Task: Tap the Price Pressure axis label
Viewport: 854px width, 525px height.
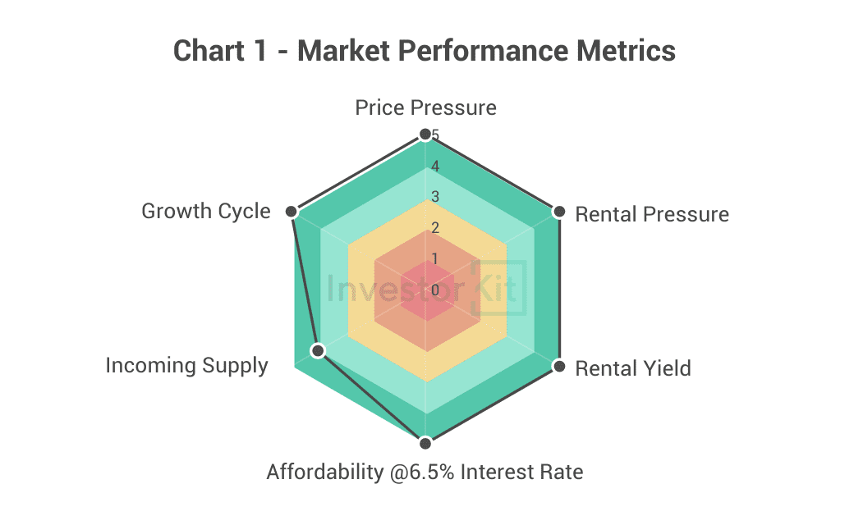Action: pyautogui.click(x=425, y=107)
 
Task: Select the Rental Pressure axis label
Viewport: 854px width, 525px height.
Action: pyautogui.click(x=652, y=214)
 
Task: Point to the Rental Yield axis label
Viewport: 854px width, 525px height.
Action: pyautogui.click(x=633, y=368)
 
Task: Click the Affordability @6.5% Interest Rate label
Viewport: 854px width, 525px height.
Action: pyautogui.click(x=425, y=472)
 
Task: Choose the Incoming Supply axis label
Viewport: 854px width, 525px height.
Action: pyautogui.click(x=186, y=365)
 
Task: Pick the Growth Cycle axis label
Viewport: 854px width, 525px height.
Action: pyautogui.click(x=205, y=211)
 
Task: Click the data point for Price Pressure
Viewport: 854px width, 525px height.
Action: pyautogui.click(x=425, y=134)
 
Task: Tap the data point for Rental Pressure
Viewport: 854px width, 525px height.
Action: pyautogui.click(x=559, y=212)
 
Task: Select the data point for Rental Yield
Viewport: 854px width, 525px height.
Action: pyautogui.click(x=559, y=366)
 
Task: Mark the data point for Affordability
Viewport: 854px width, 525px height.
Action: pyautogui.click(x=425, y=443)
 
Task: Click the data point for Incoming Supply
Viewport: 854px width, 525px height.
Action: pyautogui.click(x=318, y=351)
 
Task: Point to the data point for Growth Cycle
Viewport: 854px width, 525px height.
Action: pyautogui.click(x=291, y=212)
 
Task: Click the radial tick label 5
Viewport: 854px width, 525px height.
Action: pyautogui.click(x=435, y=135)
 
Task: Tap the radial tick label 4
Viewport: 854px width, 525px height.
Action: pyautogui.click(x=435, y=167)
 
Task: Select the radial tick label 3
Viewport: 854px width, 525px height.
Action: pyautogui.click(x=435, y=197)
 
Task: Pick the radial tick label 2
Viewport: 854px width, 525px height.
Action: pyautogui.click(x=435, y=228)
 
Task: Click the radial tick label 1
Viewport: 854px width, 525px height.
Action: pyautogui.click(x=435, y=259)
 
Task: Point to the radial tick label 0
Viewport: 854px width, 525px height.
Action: pyautogui.click(x=435, y=290)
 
